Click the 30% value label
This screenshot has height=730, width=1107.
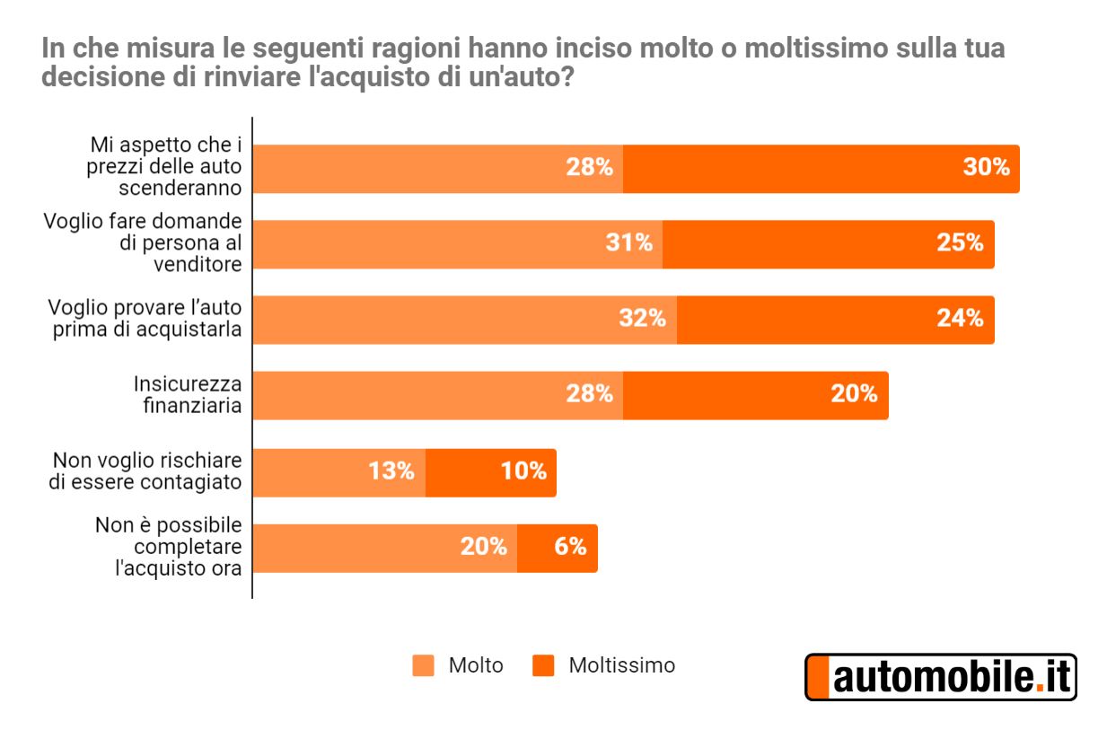point(986,167)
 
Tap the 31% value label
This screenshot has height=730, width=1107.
point(628,242)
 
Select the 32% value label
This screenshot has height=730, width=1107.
point(643,318)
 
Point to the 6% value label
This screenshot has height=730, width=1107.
point(570,547)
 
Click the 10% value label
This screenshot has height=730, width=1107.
point(524,471)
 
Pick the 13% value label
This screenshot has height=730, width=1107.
point(391,471)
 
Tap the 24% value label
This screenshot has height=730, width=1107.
point(960,318)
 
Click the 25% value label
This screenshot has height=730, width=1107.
point(960,242)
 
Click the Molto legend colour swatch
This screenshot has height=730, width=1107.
point(424,665)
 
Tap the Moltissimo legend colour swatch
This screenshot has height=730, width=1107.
point(543,665)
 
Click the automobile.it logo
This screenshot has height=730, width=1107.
point(940,677)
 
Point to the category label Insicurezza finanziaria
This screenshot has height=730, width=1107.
point(188,394)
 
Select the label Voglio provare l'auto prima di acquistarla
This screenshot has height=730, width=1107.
point(145,319)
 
